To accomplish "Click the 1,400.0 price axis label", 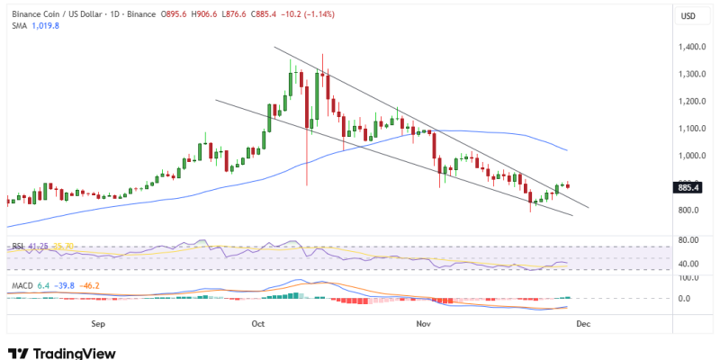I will [x=693, y=47].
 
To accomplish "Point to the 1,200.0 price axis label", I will [x=693, y=101].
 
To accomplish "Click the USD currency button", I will [x=688, y=16].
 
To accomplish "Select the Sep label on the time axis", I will [x=98, y=322].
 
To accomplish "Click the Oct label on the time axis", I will [x=258, y=322].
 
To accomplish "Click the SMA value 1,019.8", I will [x=44, y=26].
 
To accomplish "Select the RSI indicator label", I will [x=17, y=246].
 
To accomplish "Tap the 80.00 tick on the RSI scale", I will [x=688, y=240].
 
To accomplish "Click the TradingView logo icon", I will [x=17, y=354].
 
